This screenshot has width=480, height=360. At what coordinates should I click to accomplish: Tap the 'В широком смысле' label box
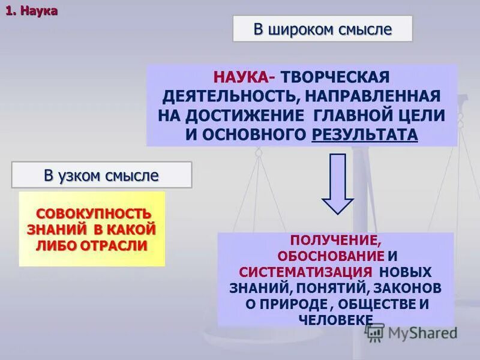322,29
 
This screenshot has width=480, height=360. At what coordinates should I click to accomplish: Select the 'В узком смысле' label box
101,175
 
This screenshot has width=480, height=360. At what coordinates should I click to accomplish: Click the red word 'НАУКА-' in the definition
243,77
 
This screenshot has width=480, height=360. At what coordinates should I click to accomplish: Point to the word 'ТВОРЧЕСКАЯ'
337,77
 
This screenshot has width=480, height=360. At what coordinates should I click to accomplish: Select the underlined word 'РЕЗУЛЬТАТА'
364,134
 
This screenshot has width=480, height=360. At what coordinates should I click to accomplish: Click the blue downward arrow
338,183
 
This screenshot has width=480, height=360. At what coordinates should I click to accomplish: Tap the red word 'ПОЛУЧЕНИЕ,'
335,241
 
